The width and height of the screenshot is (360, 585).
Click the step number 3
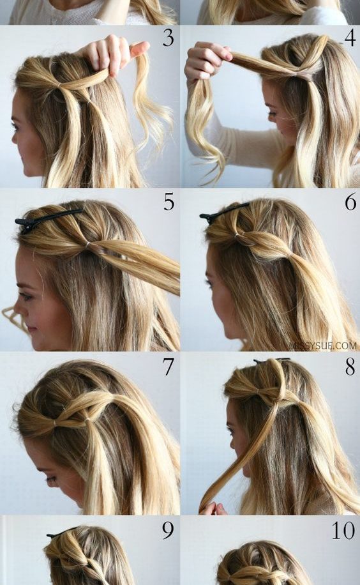pyautogui.click(x=169, y=38)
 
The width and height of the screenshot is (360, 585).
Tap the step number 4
pyautogui.click(x=349, y=38)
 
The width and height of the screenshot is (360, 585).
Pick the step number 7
pyautogui.click(x=169, y=367)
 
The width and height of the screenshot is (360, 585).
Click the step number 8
pyautogui.click(x=350, y=367)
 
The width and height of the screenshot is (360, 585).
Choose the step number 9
pyautogui.click(x=168, y=531)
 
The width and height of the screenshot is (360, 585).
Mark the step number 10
pyautogui.click(x=343, y=531)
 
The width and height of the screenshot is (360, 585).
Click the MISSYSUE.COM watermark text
pyautogui.click(x=323, y=346)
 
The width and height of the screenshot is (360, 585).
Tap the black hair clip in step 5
pyautogui.click(x=47, y=218)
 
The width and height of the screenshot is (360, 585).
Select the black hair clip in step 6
pyautogui.click(x=223, y=211)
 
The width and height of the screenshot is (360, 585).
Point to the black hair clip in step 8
pyautogui.click(x=271, y=360)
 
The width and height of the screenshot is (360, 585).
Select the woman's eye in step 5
pyautogui.click(x=26, y=296)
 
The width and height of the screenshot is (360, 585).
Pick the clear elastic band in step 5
pyautogui.click(x=89, y=243)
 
